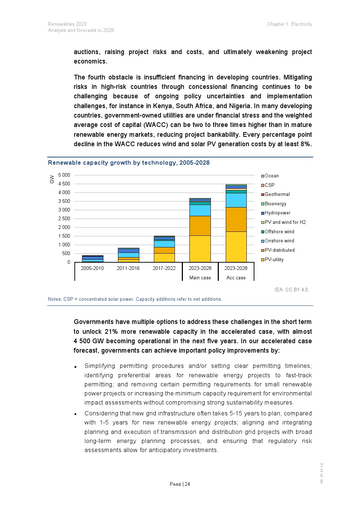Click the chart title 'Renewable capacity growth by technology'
(x=128, y=163)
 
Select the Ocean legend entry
(x=271, y=176)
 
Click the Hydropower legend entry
(x=277, y=213)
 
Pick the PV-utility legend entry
(x=274, y=259)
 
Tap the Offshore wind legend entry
(x=279, y=232)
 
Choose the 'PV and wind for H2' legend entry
(x=285, y=222)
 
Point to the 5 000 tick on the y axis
(x=64, y=175)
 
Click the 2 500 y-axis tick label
(x=64, y=218)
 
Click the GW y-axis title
(x=52, y=179)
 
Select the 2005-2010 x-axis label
(x=92, y=268)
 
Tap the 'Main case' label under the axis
(x=200, y=278)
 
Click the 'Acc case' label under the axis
(x=236, y=278)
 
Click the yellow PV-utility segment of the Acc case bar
(x=236, y=247)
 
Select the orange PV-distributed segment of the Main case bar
(x=200, y=226)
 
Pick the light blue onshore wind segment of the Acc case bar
(x=236, y=200)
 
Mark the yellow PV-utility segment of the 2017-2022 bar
(x=164, y=258)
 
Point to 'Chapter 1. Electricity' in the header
(x=290, y=24)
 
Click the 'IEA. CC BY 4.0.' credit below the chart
(x=292, y=290)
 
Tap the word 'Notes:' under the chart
(x=55, y=299)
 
